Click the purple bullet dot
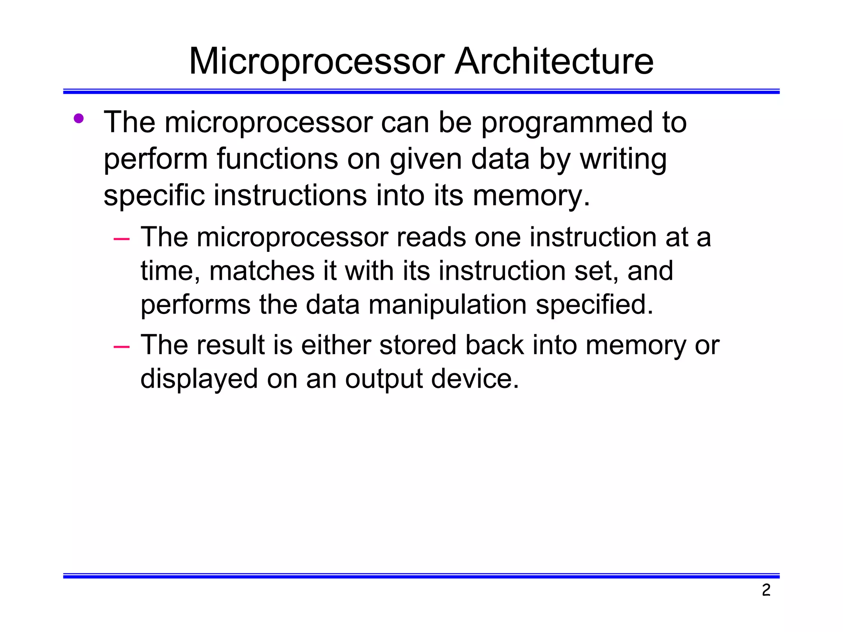(x=79, y=119)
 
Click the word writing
(x=623, y=159)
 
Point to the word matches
(x=262, y=271)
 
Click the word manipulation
(x=447, y=305)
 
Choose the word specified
(x=594, y=305)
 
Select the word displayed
(x=199, y=379)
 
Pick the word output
(x=384, y=379)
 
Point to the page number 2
(x=766, y=590)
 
